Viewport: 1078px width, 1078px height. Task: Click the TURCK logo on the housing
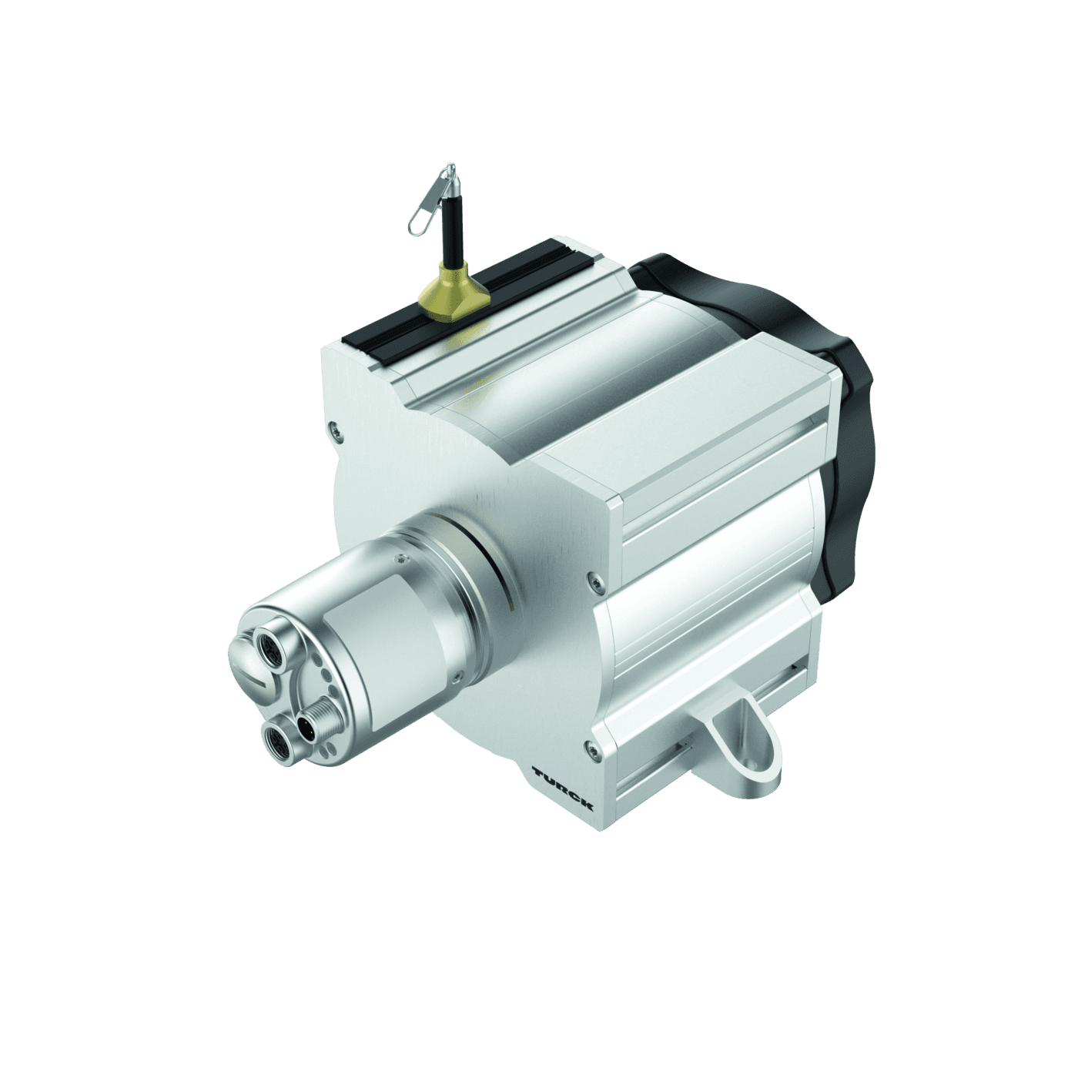coord(563,788)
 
